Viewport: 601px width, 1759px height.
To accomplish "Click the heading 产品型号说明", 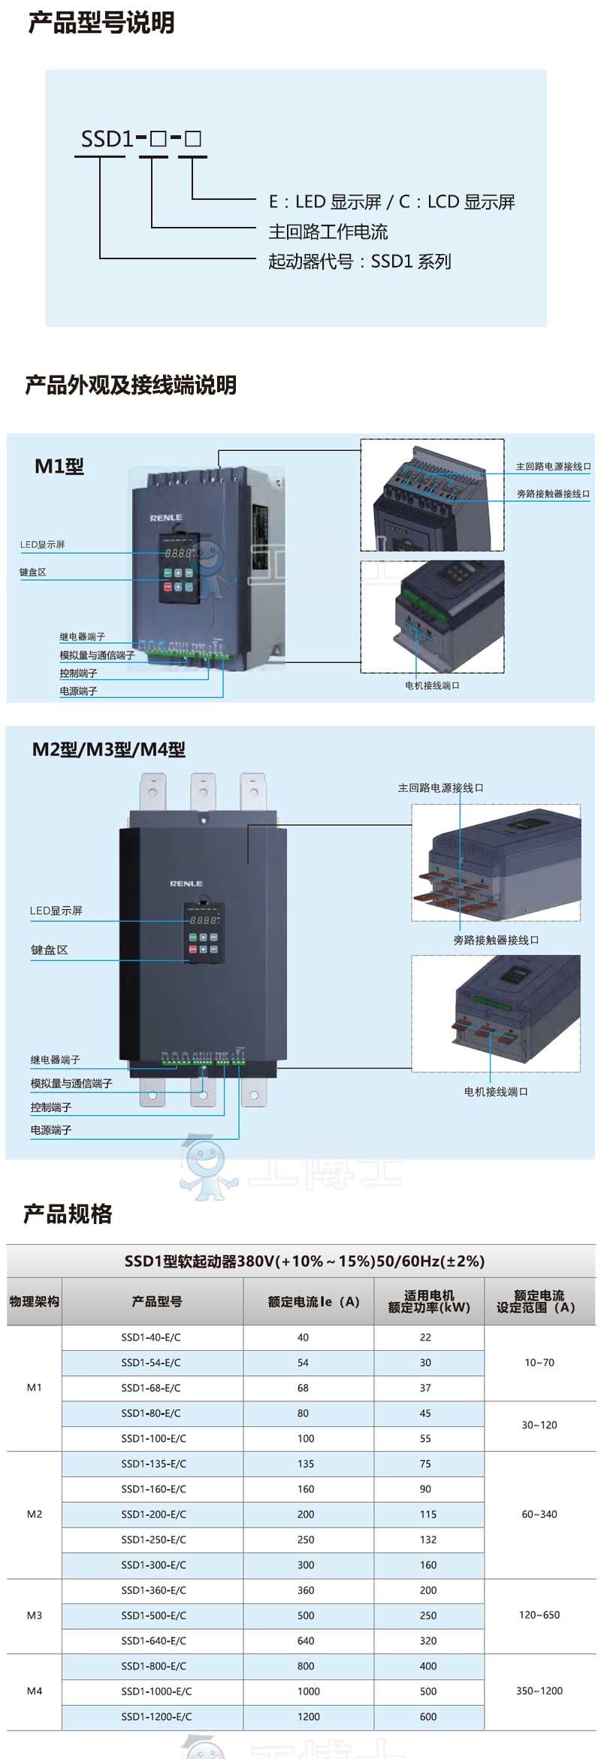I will (101, 23).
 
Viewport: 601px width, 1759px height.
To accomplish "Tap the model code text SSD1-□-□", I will (140, 139).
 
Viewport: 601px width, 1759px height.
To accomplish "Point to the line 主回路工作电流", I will (328, 231).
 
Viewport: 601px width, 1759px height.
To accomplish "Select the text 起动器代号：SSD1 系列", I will (360, 261).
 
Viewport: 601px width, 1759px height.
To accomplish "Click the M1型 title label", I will (59, 467).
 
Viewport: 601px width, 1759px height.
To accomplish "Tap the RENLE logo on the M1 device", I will (166, 518).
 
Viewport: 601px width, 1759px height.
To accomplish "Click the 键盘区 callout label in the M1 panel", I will (33, 573).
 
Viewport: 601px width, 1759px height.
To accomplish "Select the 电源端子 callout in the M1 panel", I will (78, 691).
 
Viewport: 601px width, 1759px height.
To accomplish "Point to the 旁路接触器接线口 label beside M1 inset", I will (553, 494).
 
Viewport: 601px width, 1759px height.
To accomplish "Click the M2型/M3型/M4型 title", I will (109, 750).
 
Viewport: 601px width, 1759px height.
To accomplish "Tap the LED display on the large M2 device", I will (204, 920).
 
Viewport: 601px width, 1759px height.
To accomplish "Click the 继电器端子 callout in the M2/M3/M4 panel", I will (55, 1060).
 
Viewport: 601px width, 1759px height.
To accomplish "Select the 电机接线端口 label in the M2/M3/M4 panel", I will (496, 1092).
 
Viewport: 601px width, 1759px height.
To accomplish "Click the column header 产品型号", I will (156, 1301).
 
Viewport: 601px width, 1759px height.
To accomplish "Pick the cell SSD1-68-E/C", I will (151, 1388).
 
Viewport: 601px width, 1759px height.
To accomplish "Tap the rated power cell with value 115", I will (428, 1514).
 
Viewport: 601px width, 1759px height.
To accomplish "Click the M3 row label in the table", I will (35, 1615).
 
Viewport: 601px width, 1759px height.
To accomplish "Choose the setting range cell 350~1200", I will (539, 1691).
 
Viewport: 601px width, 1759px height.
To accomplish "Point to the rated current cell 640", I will (306, 1641).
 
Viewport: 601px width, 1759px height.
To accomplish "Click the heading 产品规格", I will (68, 1213).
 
